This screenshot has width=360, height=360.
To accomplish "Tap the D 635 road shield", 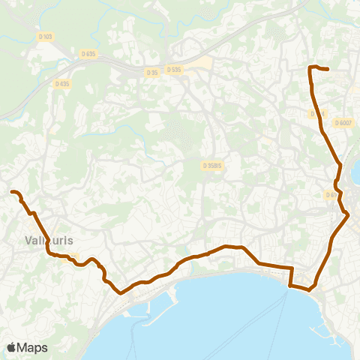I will tap(88, 54).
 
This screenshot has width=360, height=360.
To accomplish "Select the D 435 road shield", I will tap(62, 83).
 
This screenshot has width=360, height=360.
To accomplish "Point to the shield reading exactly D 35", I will tap(152, 72).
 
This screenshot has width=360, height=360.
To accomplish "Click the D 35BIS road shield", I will tap(212, 166).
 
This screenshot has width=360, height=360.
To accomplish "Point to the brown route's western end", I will tap(13, 193).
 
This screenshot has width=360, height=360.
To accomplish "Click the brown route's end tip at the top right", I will tap(328, 70).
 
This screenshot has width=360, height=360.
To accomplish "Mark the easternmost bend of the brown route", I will tap(347, 215).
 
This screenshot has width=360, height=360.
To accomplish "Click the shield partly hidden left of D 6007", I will tap(317, 113).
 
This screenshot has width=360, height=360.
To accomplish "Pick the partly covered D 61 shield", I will tap(331, 195).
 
